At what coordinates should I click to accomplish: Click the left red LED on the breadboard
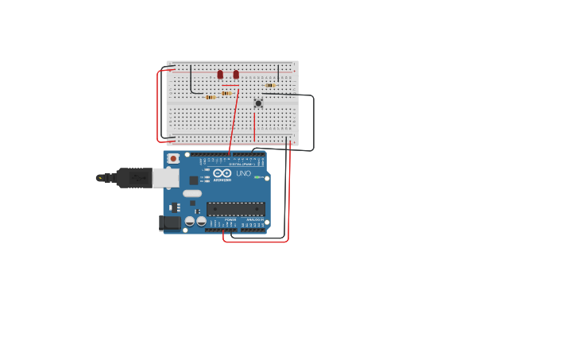[x=220, y=75]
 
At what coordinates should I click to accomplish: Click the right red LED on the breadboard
[x=236, y=75]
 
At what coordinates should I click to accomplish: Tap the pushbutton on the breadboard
[x=258, y=103]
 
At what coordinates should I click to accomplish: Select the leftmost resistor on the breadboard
[x=210, y=97]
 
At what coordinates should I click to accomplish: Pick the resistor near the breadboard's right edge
[x=270, y=85]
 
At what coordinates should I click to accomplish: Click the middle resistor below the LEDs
[x=226, y=93]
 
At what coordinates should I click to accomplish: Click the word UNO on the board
[x=244, y=173]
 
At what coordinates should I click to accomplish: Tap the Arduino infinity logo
[x=222, y=172]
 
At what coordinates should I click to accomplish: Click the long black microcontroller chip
[x=235, y=209]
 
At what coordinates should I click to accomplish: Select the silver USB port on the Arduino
[x=166, y=177]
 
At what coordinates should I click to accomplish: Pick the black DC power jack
[x=169, y=223]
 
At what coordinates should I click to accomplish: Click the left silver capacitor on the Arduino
[x=190, y=221]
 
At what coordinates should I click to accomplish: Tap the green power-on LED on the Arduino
[x=256, y=177]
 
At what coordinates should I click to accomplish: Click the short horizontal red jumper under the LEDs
[x=230, y=85]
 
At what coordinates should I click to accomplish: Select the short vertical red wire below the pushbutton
[x=254, y=126]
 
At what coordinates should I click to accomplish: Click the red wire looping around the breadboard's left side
[x=159, y=103]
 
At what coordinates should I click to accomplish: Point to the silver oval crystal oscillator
[x=192, y=193]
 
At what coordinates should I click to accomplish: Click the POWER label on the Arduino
[x=230, y=219]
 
